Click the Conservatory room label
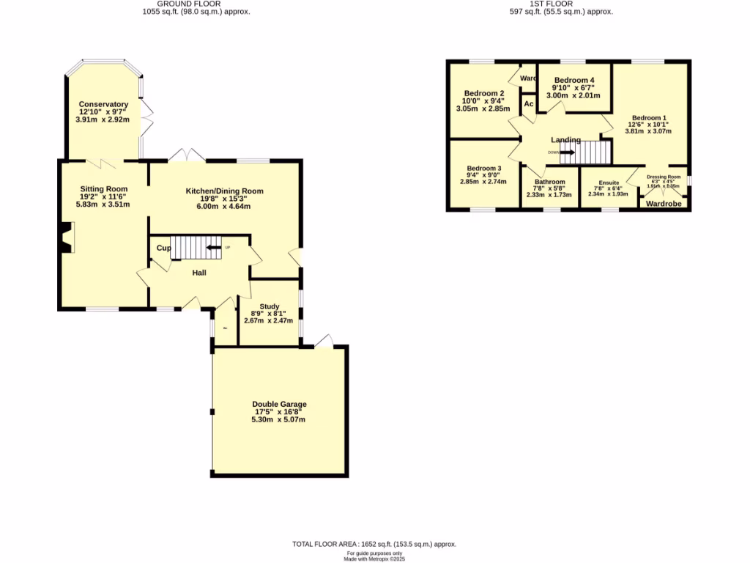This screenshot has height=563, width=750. coord(103,105)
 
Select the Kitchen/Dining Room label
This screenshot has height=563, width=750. coord(223,191)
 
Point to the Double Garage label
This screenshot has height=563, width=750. coord(279,404)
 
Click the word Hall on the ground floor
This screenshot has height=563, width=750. coord(199,273)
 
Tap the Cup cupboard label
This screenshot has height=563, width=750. coord(163,248)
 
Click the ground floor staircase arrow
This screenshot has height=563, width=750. coord(214,248)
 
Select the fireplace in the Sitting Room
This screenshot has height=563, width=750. coord(66,240)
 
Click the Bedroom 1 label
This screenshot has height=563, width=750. coord(649,118)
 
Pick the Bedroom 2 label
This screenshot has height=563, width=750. coord(484,94)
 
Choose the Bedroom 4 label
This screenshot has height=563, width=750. coord(574,80)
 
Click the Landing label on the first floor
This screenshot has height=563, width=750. coord(565,140)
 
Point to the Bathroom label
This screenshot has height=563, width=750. coord(549,182)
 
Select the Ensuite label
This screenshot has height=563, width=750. coord(609,183)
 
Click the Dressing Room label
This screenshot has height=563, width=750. coord(664,177)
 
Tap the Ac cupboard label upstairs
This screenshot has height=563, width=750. coord(527,103)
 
